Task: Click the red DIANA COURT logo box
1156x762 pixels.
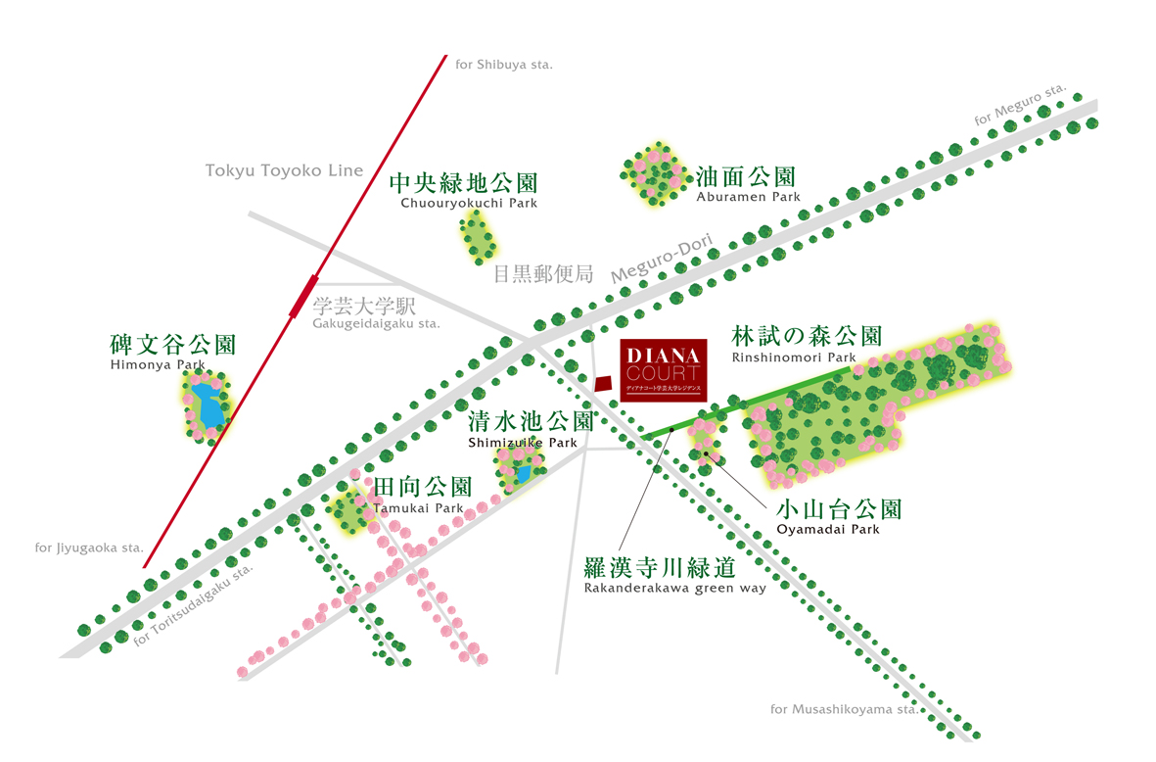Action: (x=664, y=370)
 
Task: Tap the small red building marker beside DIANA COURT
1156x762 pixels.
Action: (x=604, y=384)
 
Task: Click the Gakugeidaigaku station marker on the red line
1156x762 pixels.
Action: (x=303, y=296)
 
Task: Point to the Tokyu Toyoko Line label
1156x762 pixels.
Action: (x=284, y=170)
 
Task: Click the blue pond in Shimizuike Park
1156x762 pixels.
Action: (x=524, y=474)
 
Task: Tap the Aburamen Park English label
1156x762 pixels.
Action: (x=748, y=197)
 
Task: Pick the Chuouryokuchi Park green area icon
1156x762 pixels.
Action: (x=479, y=238)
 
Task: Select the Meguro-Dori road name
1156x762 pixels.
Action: (x=662, y=258)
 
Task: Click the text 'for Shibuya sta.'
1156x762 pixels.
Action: (x=504, y=65)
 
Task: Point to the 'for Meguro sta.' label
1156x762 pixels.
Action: (x=1020, y=105)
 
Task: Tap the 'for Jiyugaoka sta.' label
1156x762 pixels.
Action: (x=89, y=548)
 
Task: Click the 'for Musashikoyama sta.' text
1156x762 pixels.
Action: (x=844, y=709)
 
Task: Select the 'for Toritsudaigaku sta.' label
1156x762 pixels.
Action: (x=193, y=605)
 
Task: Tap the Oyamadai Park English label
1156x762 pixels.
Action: (x=828, y=529)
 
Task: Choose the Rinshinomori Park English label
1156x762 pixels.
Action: (x=794, y=357)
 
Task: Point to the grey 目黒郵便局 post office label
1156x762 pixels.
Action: (x=543, y=274)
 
